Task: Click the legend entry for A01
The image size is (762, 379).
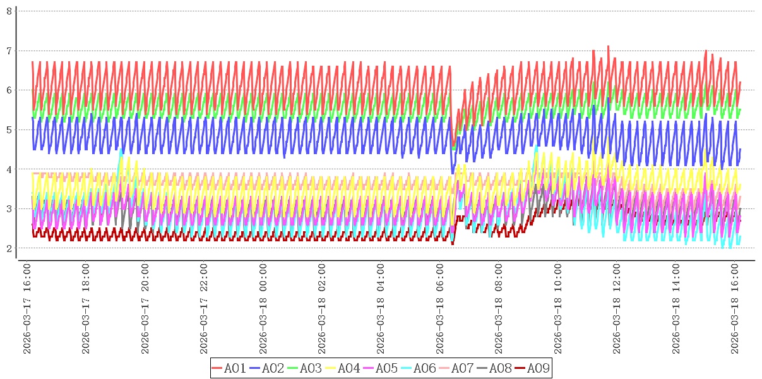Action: [229, 368]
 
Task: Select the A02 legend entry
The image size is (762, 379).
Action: [266, 368]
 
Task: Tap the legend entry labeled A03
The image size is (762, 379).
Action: [304, 368]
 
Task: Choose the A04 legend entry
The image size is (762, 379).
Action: [342, 368]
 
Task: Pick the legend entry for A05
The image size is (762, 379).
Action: [380, 368]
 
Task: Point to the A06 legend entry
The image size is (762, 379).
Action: [418, 368]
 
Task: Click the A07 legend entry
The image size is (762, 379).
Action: [456, 368]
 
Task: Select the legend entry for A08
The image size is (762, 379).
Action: [494, 368]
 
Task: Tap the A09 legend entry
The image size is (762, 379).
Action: [532, 368]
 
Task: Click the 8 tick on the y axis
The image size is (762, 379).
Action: [9, 11]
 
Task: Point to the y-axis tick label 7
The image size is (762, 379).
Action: [9, 51]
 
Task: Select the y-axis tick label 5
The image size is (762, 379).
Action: [9, 129]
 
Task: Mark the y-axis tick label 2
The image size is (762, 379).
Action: [9, 248]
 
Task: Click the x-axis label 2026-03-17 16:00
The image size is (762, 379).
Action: [27, 310]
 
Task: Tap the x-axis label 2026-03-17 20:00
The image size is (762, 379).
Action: [145, 310]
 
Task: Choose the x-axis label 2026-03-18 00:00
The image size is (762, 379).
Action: [263, 310]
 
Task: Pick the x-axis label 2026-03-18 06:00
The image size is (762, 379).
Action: [441, 310]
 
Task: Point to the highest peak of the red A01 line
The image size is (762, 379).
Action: [608, 45]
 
